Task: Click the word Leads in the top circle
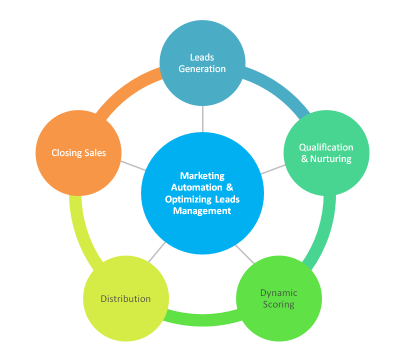pyautogui.click(x=202, y=57)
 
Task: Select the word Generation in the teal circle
pyautogui.click(x=202, y=68)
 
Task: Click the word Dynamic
pyautogui.click(x=278, y=293)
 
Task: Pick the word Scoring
pyautogui.click(x=278, y=304)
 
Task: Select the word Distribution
pyautogui.click(x=125, y=299)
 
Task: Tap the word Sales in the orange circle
pyautogui.click(x=95, y=152)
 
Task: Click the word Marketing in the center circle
pyautogui.click(x=202, y=176)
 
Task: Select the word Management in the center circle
pyautogui.click(x=202, y=211)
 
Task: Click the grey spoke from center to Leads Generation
pyautogui.click(x=202, y=118)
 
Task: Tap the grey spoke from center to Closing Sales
pyautogui.click(x=132, y=165)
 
